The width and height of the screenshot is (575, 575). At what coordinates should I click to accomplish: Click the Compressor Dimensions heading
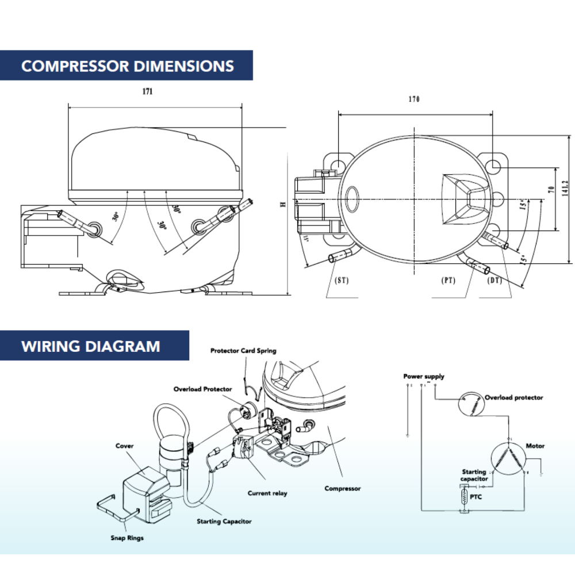[x=127, y=66]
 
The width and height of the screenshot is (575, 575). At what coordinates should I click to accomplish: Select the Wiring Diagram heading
[x=90, y=346]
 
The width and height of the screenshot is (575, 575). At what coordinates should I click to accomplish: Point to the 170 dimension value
[x=414, y=99]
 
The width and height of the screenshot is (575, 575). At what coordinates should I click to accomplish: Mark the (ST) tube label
[x=342, y=280]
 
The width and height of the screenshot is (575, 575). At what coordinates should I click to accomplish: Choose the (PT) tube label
[x=448, y=280]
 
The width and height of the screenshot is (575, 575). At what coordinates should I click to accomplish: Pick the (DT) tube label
[x=494, y=280]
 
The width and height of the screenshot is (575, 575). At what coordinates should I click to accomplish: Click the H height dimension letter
[x=282, y=205]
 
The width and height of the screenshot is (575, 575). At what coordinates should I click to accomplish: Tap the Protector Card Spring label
[x=243, y=350]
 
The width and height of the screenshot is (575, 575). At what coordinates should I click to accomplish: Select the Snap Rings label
[x=127, y=538]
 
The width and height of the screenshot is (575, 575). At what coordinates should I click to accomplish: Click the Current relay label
[x=267, y=493]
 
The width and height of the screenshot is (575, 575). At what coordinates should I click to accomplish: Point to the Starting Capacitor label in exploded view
[x=224, y=522]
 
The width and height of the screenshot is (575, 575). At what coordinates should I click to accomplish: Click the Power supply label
[x=424, y=377]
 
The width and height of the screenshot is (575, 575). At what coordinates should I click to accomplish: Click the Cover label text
[x=124, y=446]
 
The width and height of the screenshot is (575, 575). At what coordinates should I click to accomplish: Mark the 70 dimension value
[x=550, y=190]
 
